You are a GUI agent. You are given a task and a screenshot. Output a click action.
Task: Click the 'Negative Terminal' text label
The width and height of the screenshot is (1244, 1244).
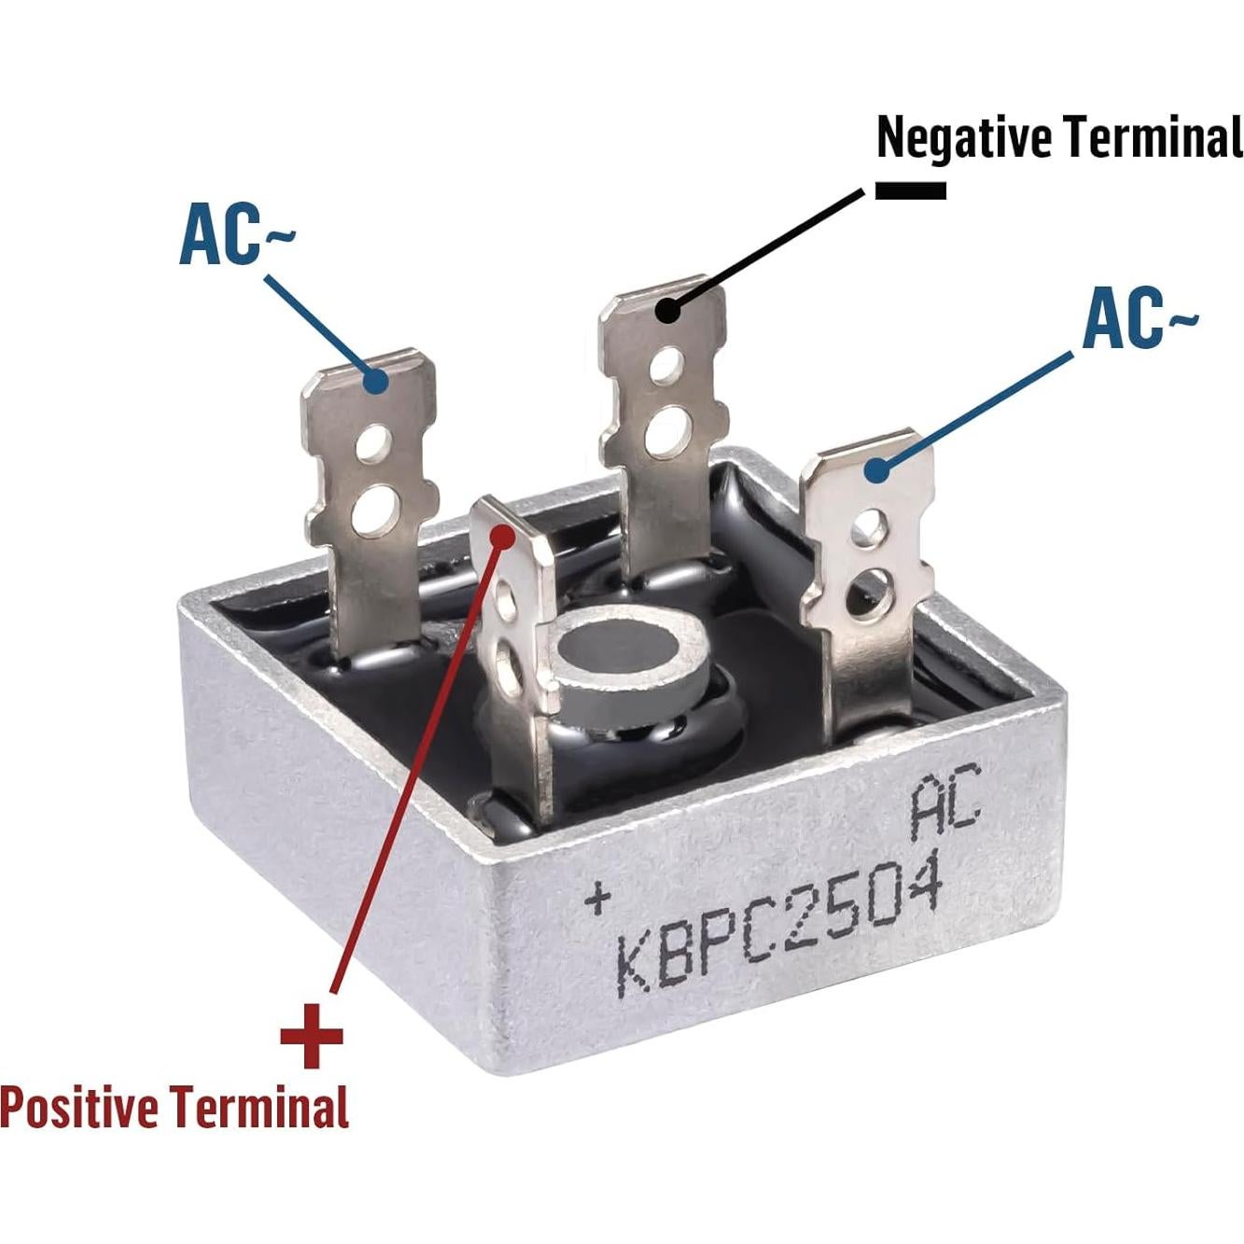pos(1059,137)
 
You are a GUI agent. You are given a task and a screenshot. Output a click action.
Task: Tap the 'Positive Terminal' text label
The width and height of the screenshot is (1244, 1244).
pos(174,1108)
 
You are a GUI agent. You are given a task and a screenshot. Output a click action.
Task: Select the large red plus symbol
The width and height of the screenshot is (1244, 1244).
pos(312,1035)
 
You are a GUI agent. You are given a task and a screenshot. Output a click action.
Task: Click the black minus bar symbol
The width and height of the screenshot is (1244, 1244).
pos(910,190)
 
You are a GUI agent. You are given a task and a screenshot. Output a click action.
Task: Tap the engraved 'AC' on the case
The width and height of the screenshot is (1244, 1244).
pos(945,801)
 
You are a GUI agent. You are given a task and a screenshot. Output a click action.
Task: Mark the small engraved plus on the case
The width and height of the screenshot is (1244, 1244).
pos(597,899)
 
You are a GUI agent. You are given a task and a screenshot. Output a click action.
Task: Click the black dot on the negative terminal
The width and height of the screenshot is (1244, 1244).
pos(666,310)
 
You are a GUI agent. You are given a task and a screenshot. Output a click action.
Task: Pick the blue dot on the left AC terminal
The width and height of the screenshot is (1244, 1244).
pos(375,380)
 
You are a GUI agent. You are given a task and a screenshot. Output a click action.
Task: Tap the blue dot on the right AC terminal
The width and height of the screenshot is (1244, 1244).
pos(875,470)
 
